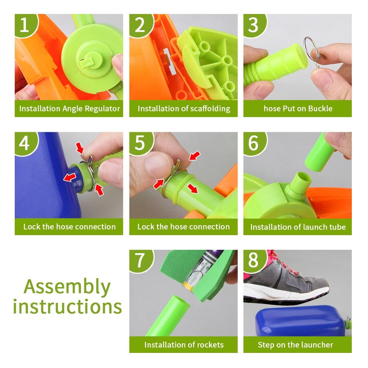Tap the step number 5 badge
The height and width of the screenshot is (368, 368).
click(140, 142)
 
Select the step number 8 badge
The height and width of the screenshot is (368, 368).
click(254, 260)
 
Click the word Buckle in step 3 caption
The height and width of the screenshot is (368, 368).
click(320, 109)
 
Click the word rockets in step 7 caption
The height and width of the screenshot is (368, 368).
click(210, 345)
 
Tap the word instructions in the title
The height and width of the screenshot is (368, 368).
click(68, 307)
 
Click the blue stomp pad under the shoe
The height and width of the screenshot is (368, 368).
click(300, 321)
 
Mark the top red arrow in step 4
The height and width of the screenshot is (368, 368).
click(80, 148)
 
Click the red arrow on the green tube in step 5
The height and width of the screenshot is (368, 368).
click(193, 188)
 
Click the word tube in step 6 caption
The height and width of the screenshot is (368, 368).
click(337, 227)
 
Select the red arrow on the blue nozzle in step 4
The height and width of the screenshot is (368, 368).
click(70, 177)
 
